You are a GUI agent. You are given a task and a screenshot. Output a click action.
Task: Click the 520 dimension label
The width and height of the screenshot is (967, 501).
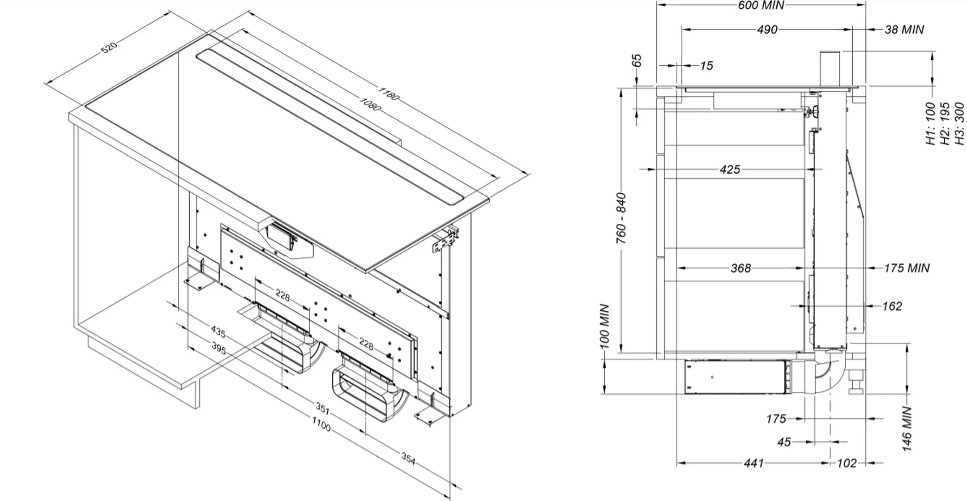point(109,47)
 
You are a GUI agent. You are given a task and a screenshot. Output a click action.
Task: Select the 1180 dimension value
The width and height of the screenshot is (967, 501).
point(388,94)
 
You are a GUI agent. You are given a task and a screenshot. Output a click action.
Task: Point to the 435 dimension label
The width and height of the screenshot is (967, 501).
point(218,332)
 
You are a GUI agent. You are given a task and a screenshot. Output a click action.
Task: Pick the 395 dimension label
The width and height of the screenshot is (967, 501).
point(218,348)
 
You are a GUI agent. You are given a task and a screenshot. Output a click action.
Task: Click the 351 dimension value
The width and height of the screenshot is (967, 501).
point(322,408)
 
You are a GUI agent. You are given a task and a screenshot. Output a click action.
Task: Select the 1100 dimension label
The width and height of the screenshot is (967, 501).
point(321,424)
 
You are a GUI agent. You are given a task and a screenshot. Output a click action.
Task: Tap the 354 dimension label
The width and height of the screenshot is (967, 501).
point(408,458)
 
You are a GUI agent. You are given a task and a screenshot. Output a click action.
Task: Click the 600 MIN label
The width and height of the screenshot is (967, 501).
point(761,5)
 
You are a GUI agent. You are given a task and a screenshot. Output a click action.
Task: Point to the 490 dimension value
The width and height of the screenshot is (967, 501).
point(767,30)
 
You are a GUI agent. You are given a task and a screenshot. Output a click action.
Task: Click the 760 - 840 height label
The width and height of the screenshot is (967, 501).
point(621,218)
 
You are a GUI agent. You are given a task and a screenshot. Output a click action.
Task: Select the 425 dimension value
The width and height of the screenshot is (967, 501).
point(730,170)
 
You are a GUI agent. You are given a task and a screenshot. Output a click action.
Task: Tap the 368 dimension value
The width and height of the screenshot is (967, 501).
point(740,268)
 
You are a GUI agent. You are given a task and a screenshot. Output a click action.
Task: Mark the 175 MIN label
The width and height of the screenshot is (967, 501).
point(907,268)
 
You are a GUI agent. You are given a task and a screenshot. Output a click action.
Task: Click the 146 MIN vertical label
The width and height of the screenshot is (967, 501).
point(907,429)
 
